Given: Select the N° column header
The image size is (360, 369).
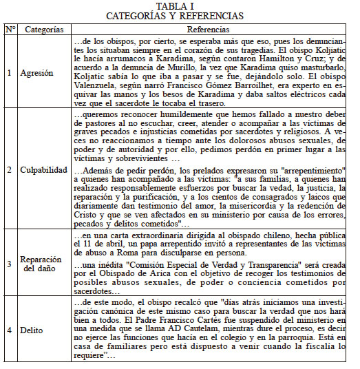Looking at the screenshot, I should click(10, 30).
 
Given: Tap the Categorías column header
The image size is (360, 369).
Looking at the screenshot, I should click(44, 30).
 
